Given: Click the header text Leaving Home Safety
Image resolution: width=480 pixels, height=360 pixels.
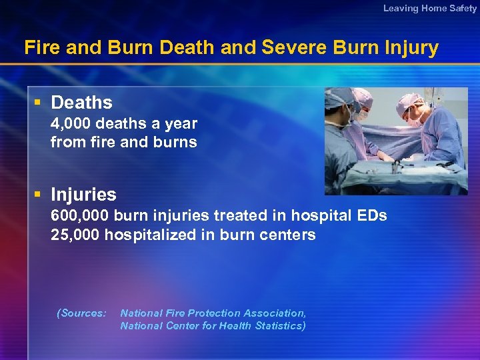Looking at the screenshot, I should tap(430, 8).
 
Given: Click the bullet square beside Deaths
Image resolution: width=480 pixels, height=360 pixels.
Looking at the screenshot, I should tap(38, 103).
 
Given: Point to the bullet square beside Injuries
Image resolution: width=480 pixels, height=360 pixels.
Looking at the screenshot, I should tap(38, 195).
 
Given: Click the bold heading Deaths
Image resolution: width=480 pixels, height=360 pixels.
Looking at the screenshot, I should tap(81, 103).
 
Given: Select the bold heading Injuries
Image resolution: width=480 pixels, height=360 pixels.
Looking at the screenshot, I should tap(83, 195).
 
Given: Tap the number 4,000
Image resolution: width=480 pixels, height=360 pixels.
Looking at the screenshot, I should tap(71, 123).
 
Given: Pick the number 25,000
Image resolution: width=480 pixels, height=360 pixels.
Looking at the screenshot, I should tap(75, 235).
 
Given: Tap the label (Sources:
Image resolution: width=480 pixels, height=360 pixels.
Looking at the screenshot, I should tap(81, 313).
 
